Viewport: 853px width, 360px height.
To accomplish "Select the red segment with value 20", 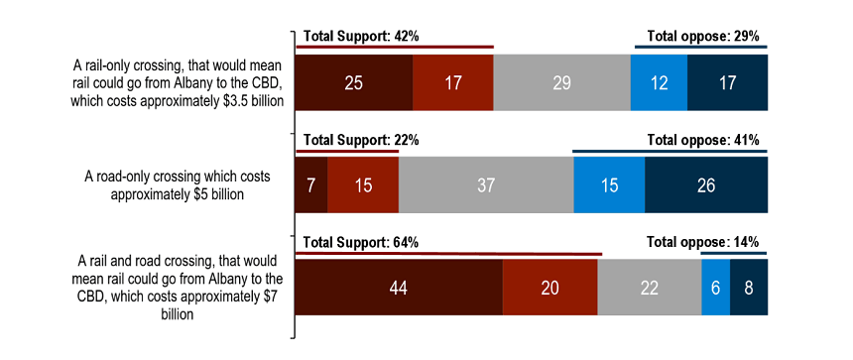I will [550, 288].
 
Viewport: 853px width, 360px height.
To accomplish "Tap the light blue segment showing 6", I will [715, 288].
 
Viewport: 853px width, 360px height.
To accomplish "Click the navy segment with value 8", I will [750, 288].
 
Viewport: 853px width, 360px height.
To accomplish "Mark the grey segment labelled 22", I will [650, 288].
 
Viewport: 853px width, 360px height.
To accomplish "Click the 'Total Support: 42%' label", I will [361, 37].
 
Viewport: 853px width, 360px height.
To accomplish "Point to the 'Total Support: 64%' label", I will [361, 242].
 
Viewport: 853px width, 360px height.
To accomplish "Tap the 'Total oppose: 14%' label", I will [703, 242].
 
